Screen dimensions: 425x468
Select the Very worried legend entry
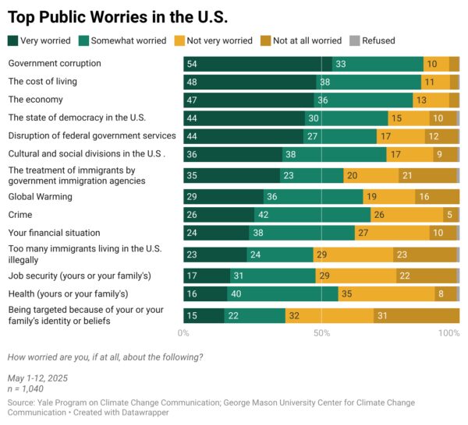click(40, 40)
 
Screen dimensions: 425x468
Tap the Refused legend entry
click(372, 40)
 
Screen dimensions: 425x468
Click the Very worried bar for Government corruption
click(257, 64)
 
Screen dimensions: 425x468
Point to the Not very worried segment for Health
click(387, 293)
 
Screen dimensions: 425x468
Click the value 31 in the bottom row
click(382, 315)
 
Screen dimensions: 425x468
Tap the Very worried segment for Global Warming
click(224, 197)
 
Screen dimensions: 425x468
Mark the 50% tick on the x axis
click(321, 333)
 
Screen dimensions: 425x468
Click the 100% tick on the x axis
click(449, 333)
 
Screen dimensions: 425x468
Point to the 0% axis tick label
click(183, 333)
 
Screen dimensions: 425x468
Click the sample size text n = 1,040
click(27, 388)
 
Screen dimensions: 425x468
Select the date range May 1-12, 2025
click(37, 378)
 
